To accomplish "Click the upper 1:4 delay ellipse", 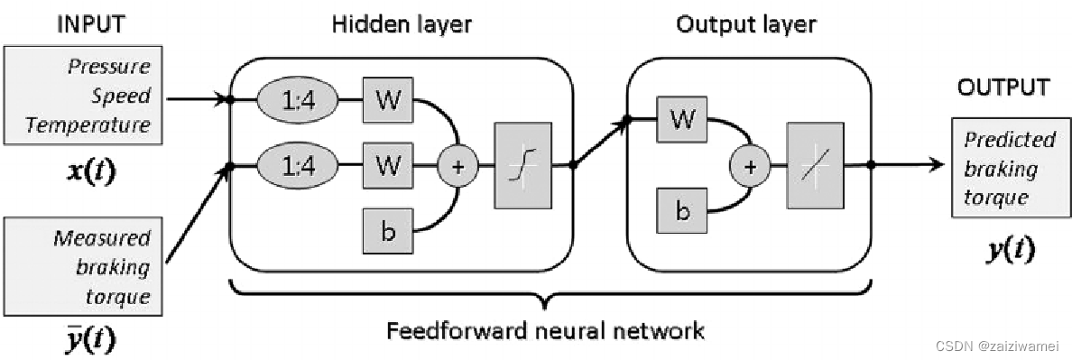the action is (x=298, y=100).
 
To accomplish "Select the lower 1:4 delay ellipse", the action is (x=298, y=165).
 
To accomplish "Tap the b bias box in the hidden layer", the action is (x=388, y=233).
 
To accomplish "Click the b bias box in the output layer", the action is (x=682, y=212).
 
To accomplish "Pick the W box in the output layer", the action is (x=682, y=119).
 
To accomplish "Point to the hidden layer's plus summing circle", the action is (x=457, y=165).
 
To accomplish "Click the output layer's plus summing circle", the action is (x=751, y=166).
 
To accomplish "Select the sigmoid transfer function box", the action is (x=523, y=165).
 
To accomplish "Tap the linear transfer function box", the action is (x=816, y=165).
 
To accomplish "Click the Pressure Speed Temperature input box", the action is (x=83, y=95).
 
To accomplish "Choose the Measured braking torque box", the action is (x=83, y=266).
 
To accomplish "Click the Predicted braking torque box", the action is (x=1011, y=167).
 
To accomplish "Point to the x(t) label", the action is (x=90, y=171).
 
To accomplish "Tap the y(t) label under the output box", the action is (x=1011, y=251).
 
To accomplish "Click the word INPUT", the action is (x=92, y=23).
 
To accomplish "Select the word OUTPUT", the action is (x=1003, y=88).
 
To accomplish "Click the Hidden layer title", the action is (x=402, y=24).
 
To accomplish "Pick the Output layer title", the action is (x=746, y=24).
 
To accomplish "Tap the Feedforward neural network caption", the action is (x=545, y=330).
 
